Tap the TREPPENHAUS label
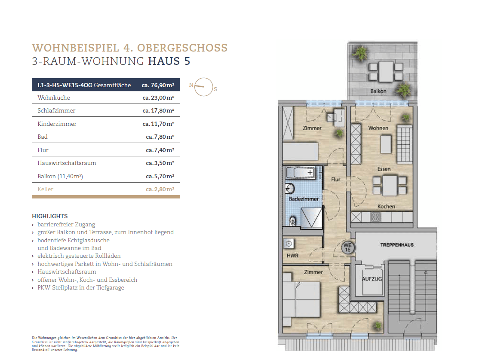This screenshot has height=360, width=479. [x=396, y=245]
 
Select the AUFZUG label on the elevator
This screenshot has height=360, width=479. [x=372, y=278]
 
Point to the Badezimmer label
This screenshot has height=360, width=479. [x=304, y=199]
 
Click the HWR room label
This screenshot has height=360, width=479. [x=292, y=256]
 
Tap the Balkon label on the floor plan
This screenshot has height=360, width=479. [x=378, y=92]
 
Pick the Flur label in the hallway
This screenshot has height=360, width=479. [x=336, y=180]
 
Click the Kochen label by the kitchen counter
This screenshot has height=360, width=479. [x=386, y=206]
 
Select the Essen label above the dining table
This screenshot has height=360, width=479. [x=384, y=169]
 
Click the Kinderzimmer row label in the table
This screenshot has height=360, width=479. [x=57, y=124]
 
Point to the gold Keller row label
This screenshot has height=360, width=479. [x=46, y=189]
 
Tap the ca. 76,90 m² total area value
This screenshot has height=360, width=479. [x=158, y=85]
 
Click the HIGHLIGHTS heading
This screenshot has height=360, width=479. [x=49, y=216]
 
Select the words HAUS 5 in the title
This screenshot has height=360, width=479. [x=169, y=61]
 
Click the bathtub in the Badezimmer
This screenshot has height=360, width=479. [x=301, y=174]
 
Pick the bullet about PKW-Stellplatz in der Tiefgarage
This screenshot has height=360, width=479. [x=80, y=287]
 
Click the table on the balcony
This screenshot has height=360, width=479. [x=386, y=71]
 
